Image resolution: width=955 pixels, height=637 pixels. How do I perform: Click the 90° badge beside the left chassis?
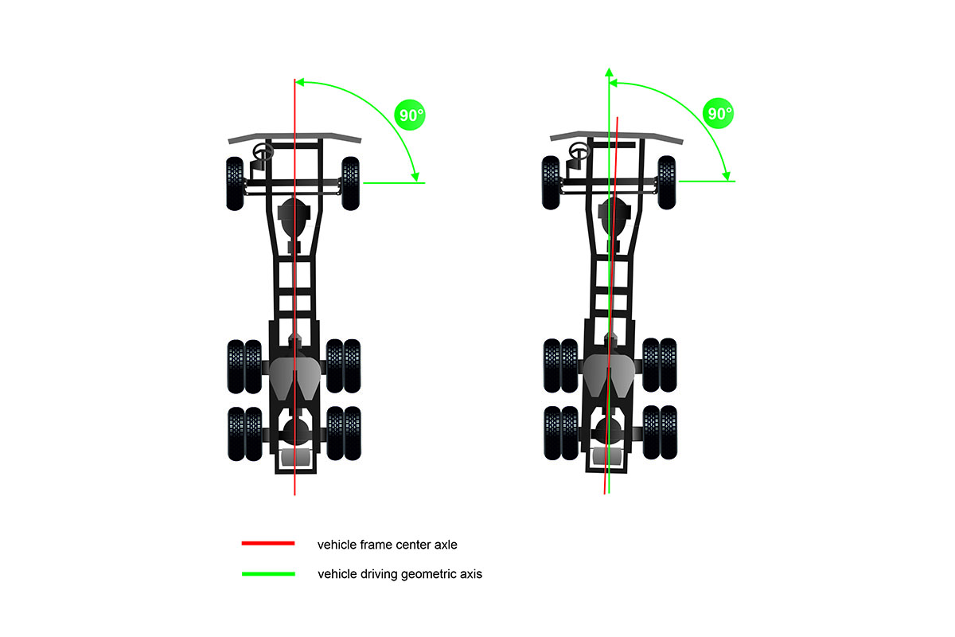pos(410,115)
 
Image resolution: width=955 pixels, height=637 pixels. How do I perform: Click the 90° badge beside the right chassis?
pos(718,113)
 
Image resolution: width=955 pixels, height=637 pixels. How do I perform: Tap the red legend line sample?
pos(268,543)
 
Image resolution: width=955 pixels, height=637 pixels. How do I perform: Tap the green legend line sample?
pos(268,574)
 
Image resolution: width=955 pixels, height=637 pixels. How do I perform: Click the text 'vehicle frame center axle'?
pos(387,545)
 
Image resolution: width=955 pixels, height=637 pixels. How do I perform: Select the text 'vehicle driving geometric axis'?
pos(400,574)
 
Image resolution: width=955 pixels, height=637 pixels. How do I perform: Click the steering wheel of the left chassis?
pos(263,152)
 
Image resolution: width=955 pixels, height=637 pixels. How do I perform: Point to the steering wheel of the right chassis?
pos(579,150)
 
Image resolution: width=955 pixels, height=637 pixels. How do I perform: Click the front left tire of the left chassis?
pos(235,183)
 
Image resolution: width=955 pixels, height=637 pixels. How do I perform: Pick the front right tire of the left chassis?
pos(350,183)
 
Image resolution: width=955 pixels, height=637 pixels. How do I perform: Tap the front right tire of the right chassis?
pos(667,182)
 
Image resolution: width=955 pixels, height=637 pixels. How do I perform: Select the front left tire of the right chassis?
pos(551,182)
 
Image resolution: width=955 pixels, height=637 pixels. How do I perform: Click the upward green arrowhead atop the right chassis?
pos(610,72)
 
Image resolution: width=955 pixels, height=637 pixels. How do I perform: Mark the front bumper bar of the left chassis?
pos(294,138)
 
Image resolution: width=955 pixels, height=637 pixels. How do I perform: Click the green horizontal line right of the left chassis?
pos(395,183)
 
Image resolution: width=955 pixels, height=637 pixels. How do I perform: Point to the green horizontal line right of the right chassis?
pos(707,182)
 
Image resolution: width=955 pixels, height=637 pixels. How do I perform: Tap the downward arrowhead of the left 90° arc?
pos(415,177)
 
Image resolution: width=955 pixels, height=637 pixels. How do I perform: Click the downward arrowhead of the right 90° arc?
pos(727,175)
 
